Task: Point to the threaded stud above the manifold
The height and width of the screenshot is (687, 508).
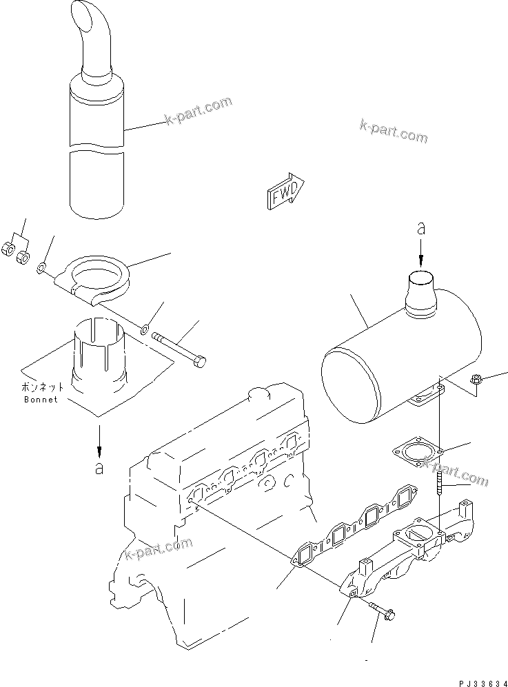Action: (439, 479)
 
